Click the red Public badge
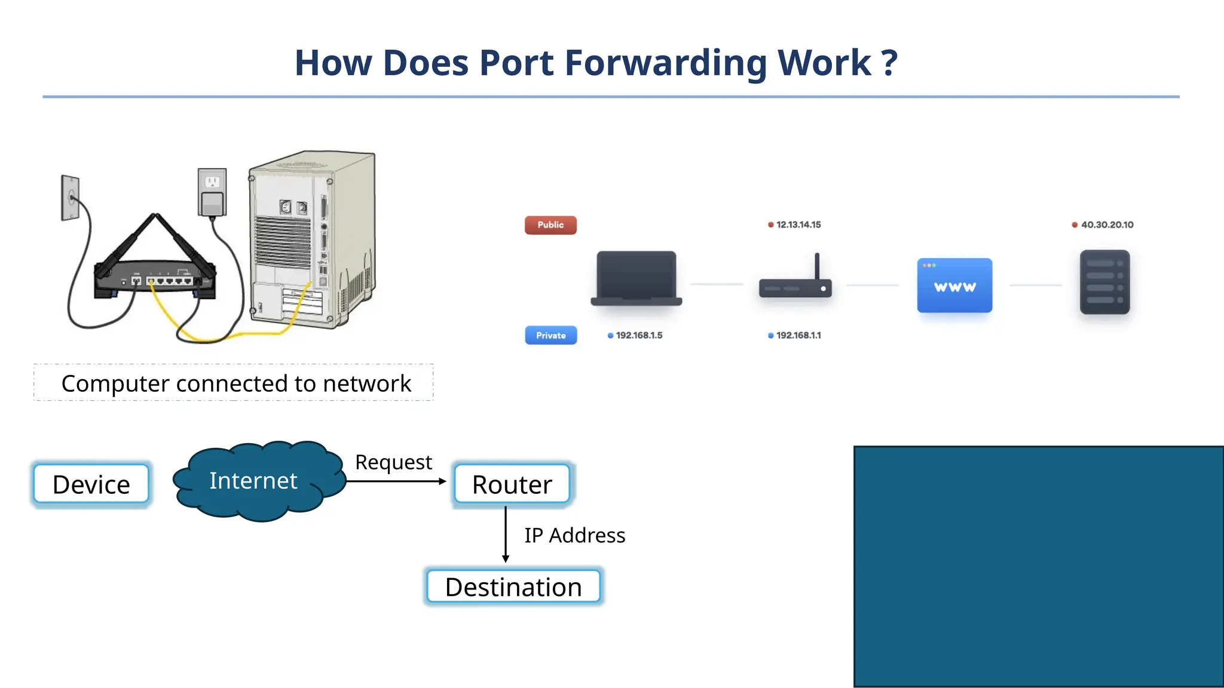point(550,225)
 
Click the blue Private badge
point(550,335)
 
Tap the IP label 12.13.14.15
point(798,225)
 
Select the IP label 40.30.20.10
point(1106,225)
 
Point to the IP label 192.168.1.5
point(638,335)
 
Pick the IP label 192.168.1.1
point(798,335)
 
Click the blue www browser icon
point(954,285)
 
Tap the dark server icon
point(1104,282)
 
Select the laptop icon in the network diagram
point(636,278)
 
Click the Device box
point(91,484)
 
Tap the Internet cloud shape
point(253,481)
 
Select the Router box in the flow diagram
point(512,484)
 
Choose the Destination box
point(513,587)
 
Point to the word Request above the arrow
point(393,462)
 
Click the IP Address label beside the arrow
point(574,536)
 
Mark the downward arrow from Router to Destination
point(506,535)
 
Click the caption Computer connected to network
point(235,383)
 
